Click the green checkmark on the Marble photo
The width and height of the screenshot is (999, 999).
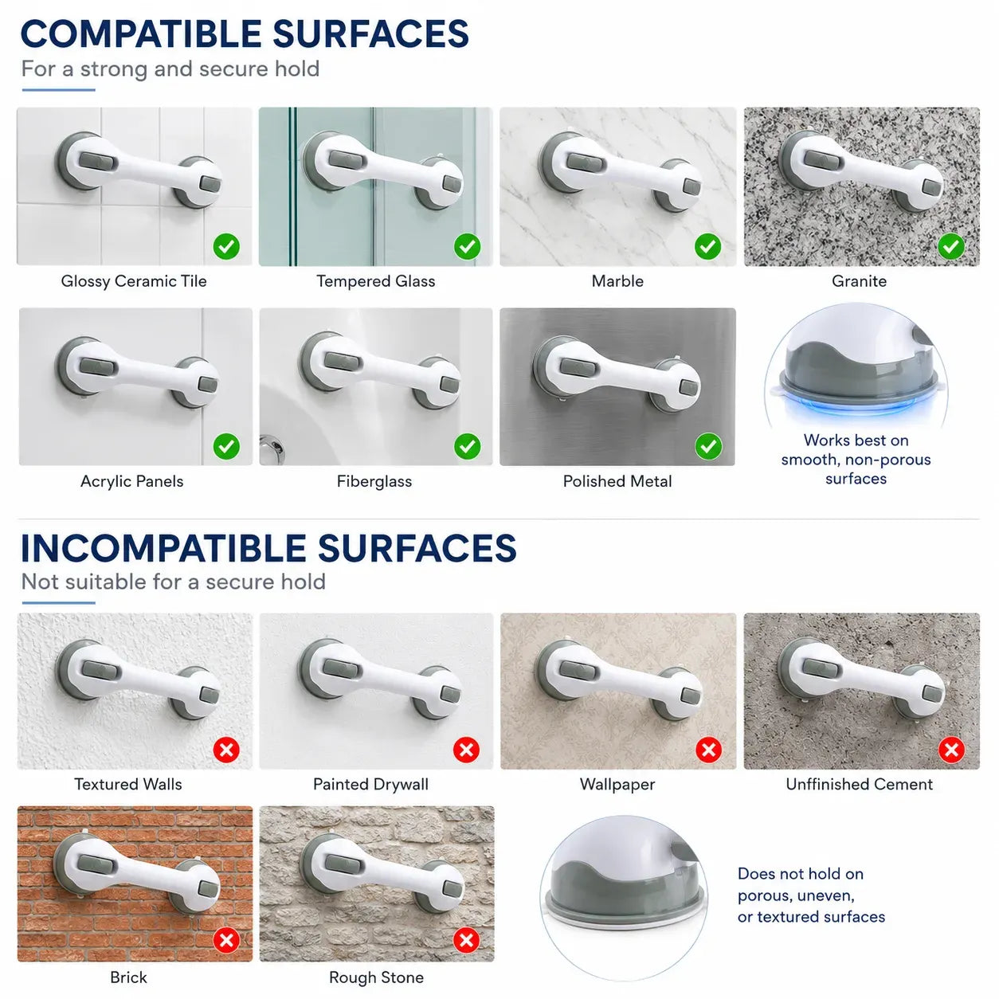click(x=707, y=246)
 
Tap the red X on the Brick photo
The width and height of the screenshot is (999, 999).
click(x=226, y=940)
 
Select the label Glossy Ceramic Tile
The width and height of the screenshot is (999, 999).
click(x=134, y=281)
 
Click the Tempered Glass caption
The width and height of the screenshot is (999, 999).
click(x=375, y=281)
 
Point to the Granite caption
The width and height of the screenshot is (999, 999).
click(x=859, y=281)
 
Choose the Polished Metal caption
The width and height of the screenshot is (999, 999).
click(x=617, y=481)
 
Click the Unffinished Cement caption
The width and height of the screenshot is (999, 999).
click(x=859, y=784)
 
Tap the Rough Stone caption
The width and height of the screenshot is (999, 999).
click(x=376, y=977)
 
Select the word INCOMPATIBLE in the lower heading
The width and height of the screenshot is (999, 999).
click(x=163, y=548)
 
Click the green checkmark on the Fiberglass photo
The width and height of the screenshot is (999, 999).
click(x=467, y=446)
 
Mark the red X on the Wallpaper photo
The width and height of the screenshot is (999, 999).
click(x=708, y=750)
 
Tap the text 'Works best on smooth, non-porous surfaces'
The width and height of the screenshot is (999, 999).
click(x=856, y=460)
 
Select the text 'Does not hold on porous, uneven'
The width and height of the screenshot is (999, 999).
click(x=800, y=884)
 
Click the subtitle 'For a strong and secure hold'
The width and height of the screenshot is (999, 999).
click(x=170, y=69)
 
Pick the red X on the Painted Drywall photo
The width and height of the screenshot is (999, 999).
click(x=465, y=750)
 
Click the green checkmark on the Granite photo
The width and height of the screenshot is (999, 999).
click(x=950, y=246)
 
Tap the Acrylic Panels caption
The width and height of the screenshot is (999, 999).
click(x=131, y=481)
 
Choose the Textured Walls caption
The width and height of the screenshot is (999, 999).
click(x=127, y=784)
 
